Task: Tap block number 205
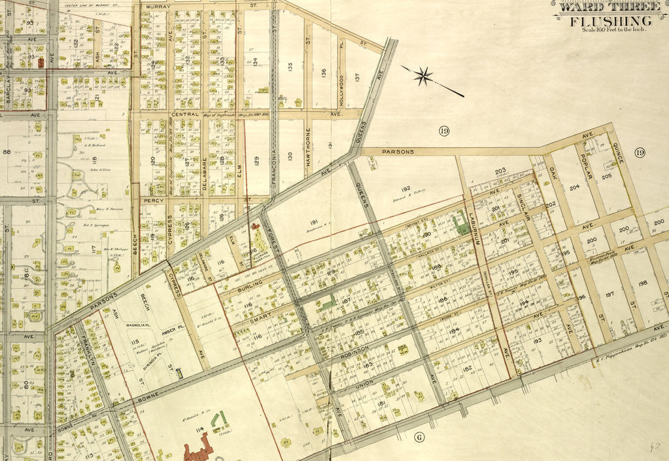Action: click(x=606, y=176)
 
